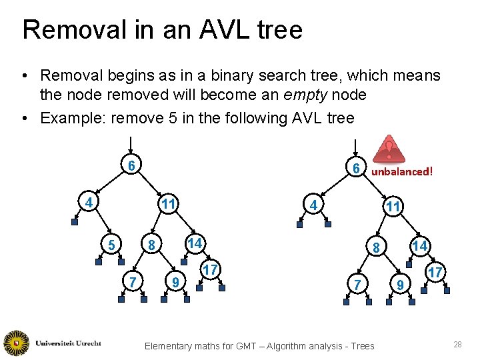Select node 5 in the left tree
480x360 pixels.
111,245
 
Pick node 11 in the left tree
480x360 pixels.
169,203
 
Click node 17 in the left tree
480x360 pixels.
210,270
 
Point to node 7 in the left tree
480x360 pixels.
133,283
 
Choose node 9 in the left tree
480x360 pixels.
175,283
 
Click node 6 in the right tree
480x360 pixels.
357,169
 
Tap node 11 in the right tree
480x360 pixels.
393,207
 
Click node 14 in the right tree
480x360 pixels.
419,246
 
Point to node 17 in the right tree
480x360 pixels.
435,273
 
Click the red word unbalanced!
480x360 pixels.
402,171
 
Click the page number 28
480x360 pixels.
457,344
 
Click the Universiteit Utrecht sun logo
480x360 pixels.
16,343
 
